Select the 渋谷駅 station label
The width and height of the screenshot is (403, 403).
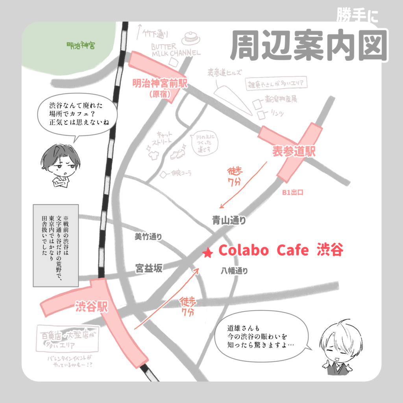(91, 307)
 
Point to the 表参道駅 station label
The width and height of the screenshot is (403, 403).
(294, 152)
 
